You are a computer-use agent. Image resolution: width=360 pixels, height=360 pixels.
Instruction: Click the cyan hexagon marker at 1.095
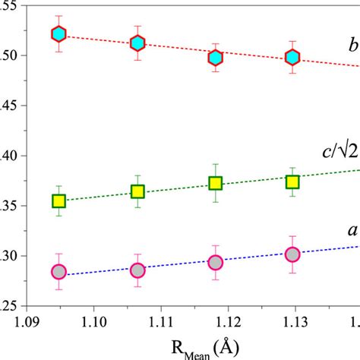tap(59, 33)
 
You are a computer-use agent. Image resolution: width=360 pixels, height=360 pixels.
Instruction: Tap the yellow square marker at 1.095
tap(59, 201)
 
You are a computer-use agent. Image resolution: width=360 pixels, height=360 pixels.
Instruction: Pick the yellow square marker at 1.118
tap(216, 183)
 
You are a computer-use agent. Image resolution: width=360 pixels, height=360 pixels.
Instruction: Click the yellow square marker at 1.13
tap(292, 182)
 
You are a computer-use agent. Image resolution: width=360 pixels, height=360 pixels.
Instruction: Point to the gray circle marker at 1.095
tap(59, 272)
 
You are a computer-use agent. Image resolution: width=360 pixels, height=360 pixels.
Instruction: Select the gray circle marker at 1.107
tap(137, 270)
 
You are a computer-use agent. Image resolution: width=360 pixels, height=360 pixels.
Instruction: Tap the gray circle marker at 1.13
tap(292, 254)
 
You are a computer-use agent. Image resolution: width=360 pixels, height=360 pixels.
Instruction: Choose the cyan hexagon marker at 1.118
tap(216, 57)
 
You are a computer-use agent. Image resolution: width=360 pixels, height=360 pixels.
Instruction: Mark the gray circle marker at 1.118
tap(216, 262)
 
